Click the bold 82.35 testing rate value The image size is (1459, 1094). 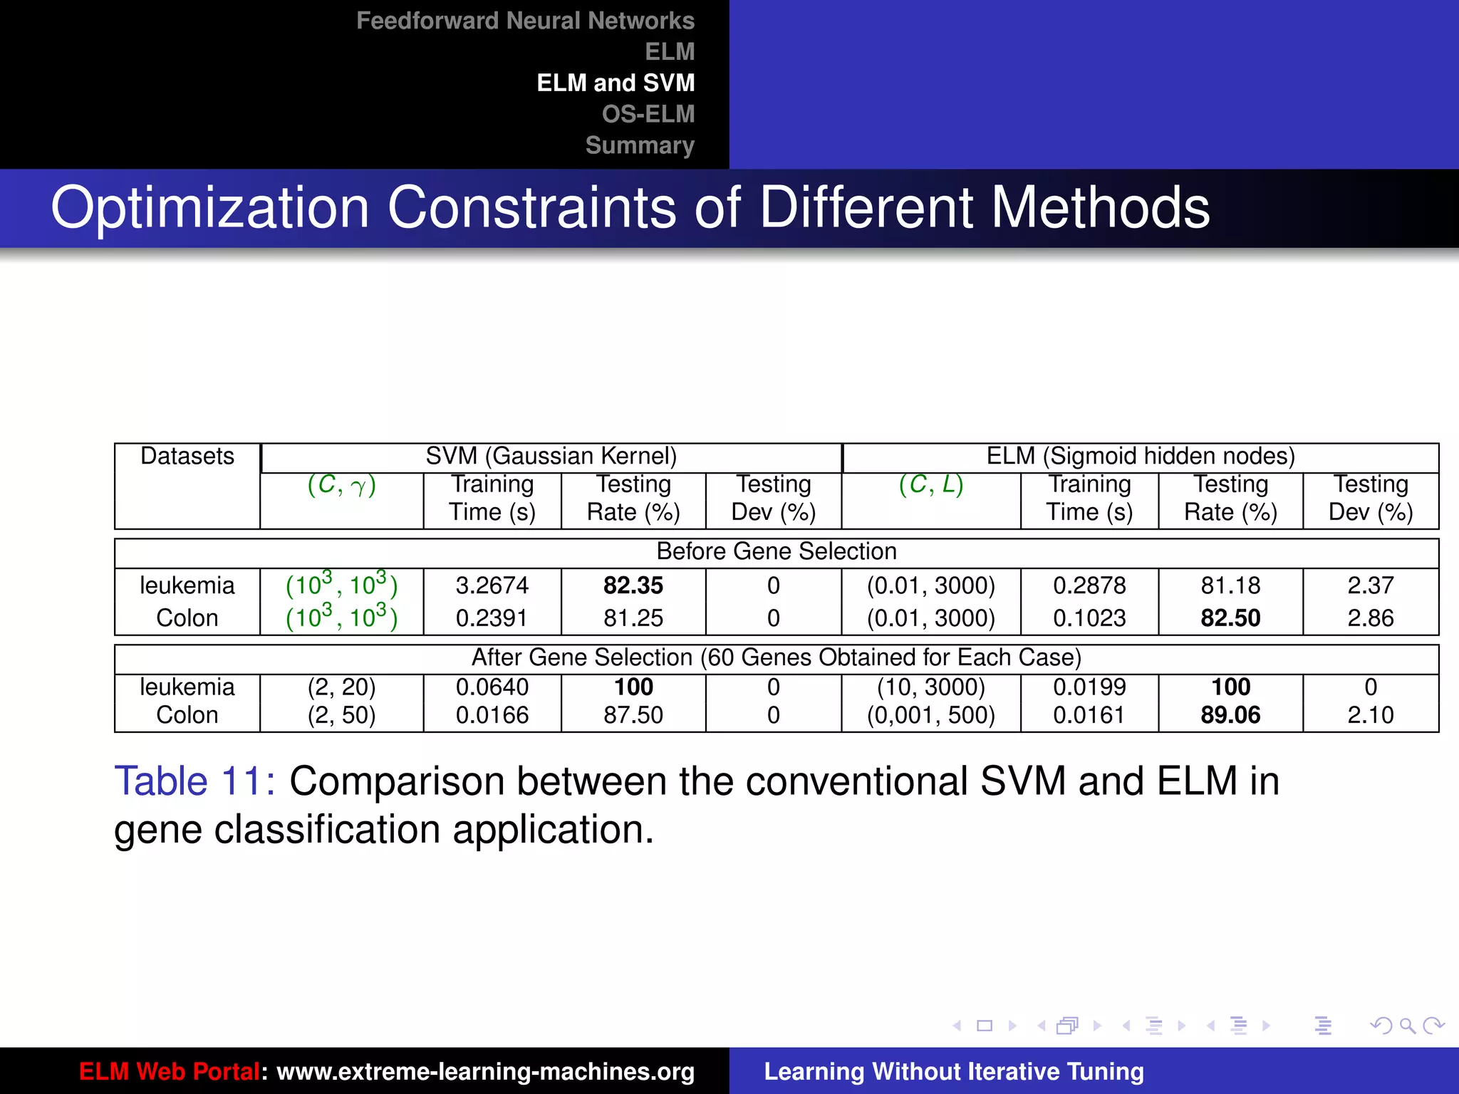[633, 585]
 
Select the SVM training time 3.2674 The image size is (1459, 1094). [492, 585]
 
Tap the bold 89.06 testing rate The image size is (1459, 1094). [1230, 714]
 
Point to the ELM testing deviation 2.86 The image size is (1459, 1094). [1370, 618]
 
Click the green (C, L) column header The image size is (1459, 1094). [930, 484]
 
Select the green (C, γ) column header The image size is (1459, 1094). [341, 485]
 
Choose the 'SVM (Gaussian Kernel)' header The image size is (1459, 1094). [551, 456]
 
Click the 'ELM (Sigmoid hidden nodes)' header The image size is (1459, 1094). [1140, 456]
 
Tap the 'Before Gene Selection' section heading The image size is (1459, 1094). [776, 551]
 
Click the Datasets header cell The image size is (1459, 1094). [187, 456]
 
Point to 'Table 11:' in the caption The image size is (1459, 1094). [194, 781]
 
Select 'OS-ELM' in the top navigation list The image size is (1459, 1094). [648, 114]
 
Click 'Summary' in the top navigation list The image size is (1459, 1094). [639, 145]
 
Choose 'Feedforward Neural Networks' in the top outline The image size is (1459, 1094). [525, 21]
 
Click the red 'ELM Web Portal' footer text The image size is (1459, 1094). [169, 1071]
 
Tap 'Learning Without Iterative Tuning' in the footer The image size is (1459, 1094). [953, 1071]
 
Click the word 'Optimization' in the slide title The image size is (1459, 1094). [210, 208]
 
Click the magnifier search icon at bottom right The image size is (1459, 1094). [1407, 1026]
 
